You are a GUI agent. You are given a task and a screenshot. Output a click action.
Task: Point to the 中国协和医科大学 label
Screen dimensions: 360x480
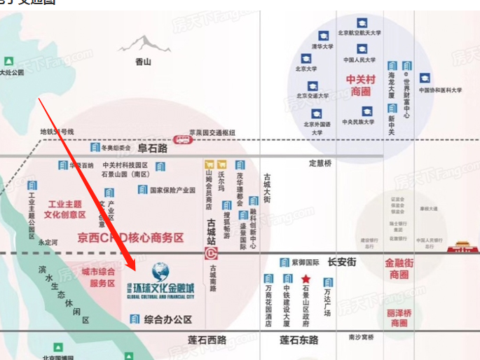click(441, 90)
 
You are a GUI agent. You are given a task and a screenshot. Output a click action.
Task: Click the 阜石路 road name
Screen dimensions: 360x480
click(153, 148)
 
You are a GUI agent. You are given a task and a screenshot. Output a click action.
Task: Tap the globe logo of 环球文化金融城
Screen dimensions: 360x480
click(160, 270)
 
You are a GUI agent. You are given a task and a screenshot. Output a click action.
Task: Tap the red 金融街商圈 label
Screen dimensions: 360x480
click(400, 270)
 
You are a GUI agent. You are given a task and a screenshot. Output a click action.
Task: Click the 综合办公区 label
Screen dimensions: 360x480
click(168, 319)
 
